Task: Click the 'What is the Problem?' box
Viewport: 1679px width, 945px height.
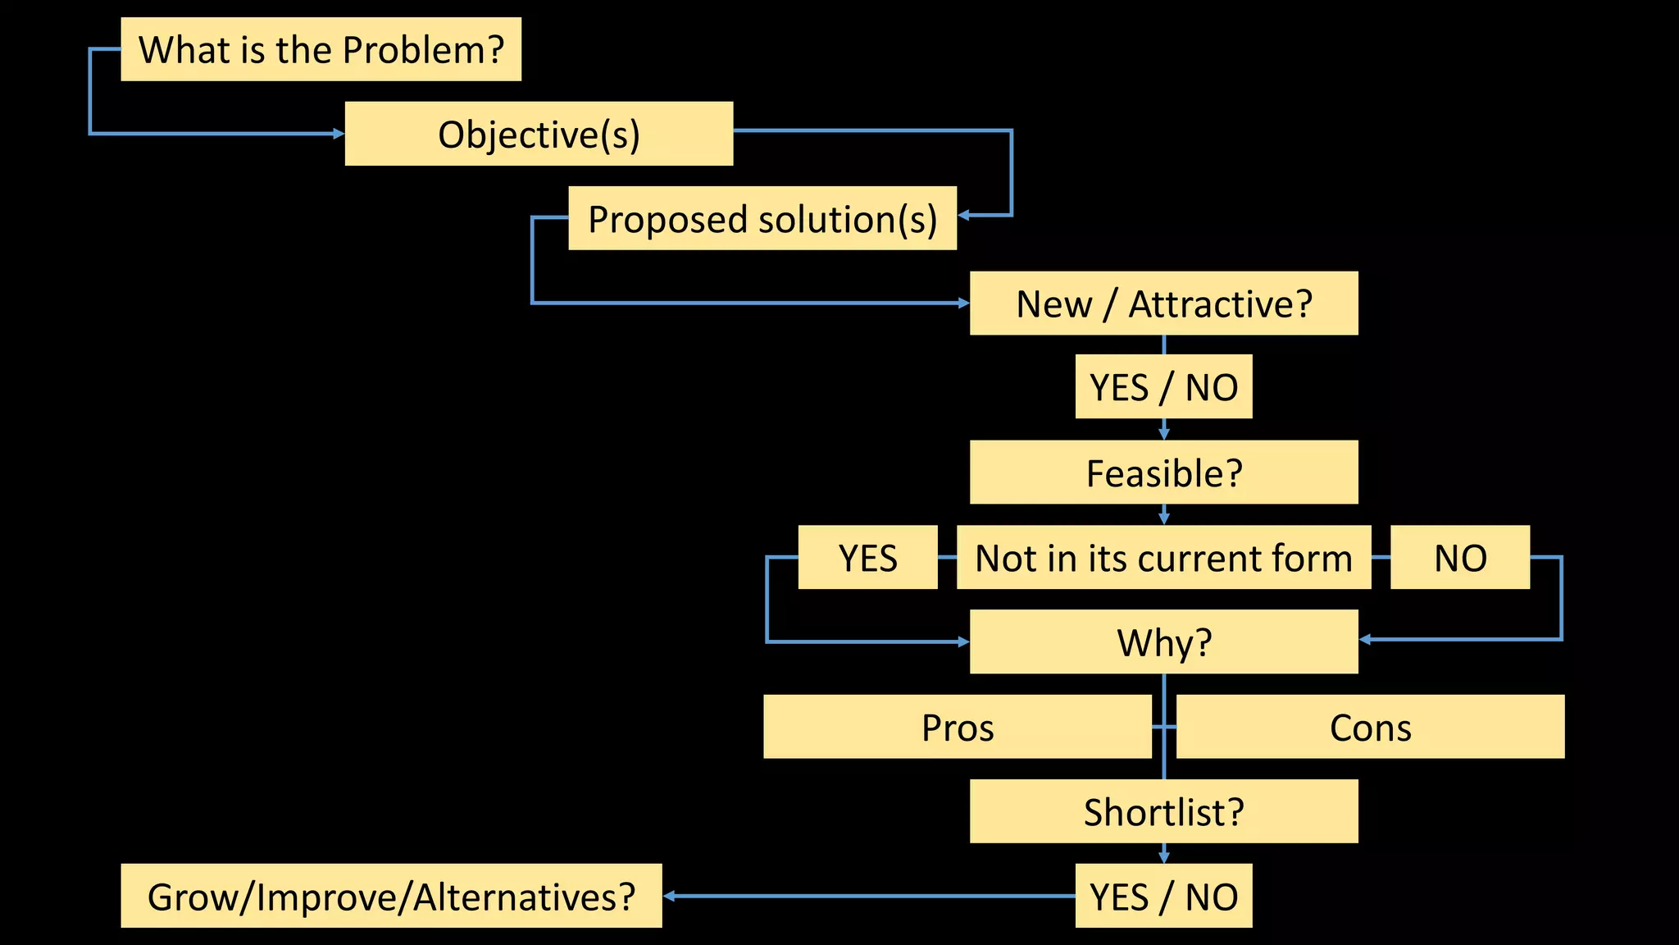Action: (x=321, y=49)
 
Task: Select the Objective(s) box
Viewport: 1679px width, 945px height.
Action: (x=539, y=134)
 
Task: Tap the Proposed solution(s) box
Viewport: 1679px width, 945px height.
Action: (x=762, y=218)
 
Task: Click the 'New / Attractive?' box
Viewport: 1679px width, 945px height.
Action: (x=1163, y=304)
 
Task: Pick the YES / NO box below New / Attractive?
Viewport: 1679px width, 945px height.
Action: (x=1163, y=387)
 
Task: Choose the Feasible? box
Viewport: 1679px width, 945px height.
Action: (x=1163, y=472)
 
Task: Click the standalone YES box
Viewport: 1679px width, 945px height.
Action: (x=867, y=558)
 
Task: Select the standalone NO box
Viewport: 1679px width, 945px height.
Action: (x=1460, y=558)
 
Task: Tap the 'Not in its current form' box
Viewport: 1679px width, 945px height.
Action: (x=1163, y=558)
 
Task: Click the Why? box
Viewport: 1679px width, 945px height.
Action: (x=1163, y=641)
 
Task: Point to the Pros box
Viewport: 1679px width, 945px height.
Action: (x=957, y=727)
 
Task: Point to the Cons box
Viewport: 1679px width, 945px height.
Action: (x=1370, y=727)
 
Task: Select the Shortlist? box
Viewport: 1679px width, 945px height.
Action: (x=1163, y=811)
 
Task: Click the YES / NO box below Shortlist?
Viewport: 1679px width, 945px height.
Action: (x=1163, y=896)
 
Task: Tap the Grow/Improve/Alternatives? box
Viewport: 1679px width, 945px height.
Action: (x=391, y=896)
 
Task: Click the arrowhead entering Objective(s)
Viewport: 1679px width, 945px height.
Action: (x=339, y=134)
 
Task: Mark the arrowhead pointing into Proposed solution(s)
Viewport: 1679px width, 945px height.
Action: (x=964, y=216)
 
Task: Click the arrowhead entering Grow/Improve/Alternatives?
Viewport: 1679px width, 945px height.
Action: (x=669, y=896)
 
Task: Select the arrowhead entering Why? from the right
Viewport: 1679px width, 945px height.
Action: (x=1365, y=640)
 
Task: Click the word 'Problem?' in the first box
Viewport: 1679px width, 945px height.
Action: (x=423, y=50)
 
